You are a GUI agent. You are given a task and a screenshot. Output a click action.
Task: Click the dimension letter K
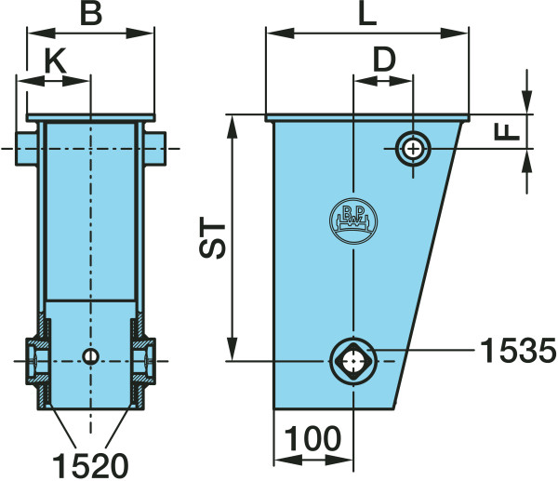point(56,60)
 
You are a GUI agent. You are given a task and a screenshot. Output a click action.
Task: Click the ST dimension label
point(216,240)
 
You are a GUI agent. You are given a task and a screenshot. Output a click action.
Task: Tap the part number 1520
point(89,462)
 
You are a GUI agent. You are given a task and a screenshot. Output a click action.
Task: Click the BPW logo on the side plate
point(352,221)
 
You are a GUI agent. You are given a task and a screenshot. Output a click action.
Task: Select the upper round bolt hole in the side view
point(412,147)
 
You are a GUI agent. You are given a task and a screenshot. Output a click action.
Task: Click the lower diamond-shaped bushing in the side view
point(353,358)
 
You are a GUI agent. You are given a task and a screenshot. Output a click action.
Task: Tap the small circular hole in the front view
point(89,356)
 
